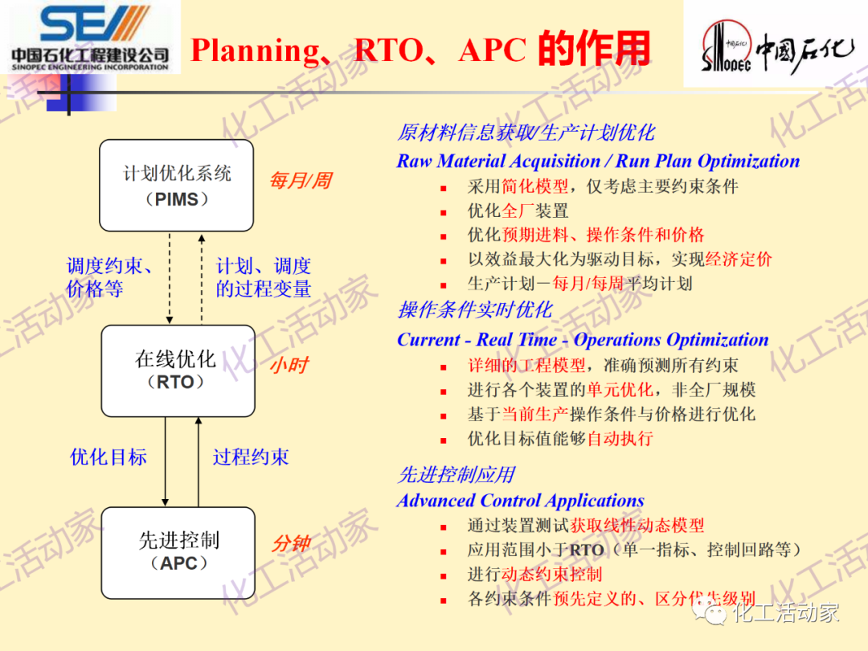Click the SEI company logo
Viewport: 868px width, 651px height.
coord(90,36)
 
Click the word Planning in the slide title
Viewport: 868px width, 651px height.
coord(255,51)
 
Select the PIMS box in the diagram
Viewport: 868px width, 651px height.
coord(176,186)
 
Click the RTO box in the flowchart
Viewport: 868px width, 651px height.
coord(176,371)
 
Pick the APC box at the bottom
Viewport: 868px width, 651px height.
coord(178,552)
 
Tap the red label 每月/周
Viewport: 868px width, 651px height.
coord(300,180)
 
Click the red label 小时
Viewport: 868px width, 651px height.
coord(289,366)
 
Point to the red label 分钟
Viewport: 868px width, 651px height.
coord(291,544)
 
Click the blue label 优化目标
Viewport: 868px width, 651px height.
coord(108,457)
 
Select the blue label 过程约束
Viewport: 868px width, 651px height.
coord(251,457)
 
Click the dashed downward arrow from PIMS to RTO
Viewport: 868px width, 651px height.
coord(170,277)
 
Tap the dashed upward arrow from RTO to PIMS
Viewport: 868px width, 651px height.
coord(202,277)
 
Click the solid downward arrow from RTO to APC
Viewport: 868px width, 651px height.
coord(165,461)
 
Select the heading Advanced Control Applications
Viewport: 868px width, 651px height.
coord(520,501)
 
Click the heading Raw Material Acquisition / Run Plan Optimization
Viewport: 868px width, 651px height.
coord(598,161)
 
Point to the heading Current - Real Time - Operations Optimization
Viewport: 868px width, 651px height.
coord(583,339)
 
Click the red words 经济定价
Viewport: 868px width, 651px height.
coord(738,259)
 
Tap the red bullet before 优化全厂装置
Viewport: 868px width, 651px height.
coord(443,212)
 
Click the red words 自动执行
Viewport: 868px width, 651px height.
coord(620,439)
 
